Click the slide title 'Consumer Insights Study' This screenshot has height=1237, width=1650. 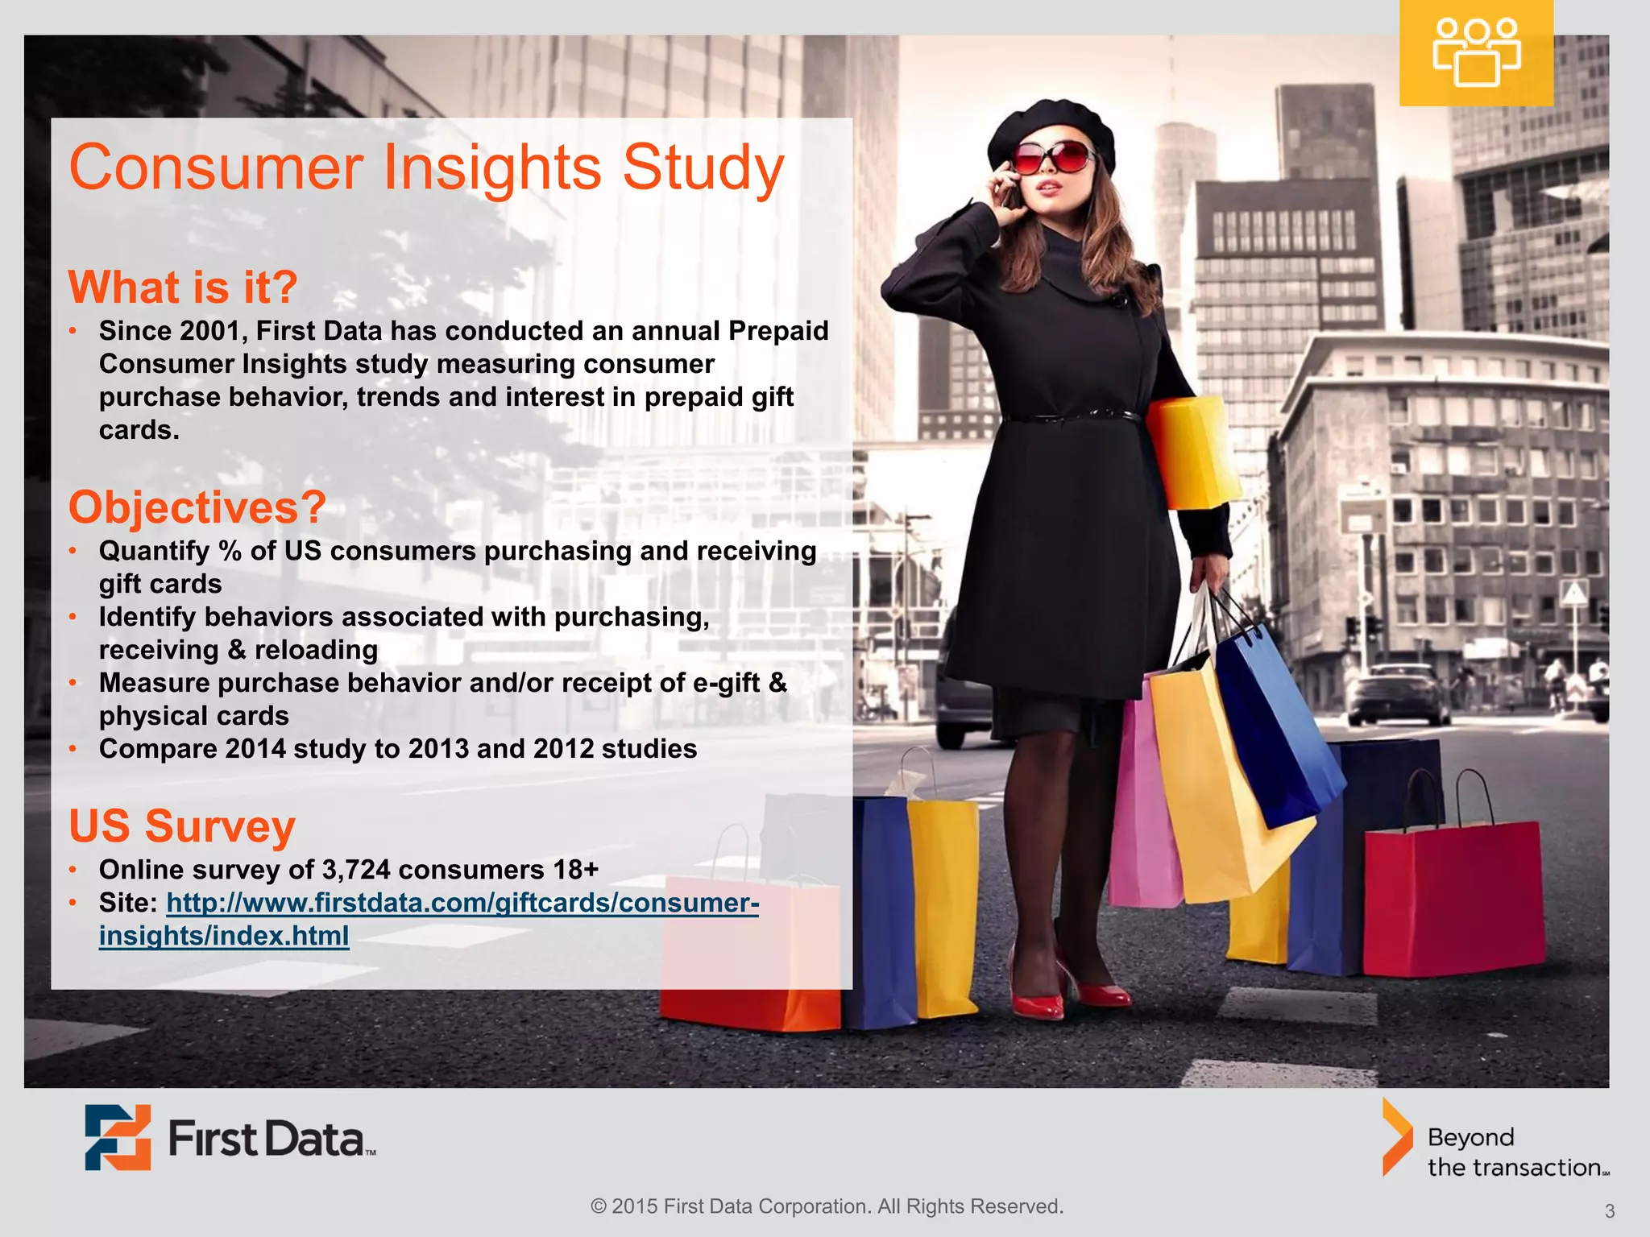coord(426,168)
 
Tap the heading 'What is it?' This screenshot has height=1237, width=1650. coord(183,287)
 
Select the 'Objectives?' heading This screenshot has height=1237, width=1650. coord(197,507)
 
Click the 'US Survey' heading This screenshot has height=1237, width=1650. coord(182,826)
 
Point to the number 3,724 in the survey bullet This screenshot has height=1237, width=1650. coord(356,870)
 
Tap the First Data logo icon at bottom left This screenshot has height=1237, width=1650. coord(118,1137)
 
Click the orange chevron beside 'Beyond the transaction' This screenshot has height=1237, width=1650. coord(1397,1137)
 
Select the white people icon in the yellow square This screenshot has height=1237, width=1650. coord(1476,53)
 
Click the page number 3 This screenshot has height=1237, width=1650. coord(1609,1211)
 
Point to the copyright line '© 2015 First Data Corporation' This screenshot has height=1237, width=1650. coord(827,1206)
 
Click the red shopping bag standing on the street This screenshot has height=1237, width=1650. coord(1453,898)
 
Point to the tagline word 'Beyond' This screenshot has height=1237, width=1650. coord(1470,1137)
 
